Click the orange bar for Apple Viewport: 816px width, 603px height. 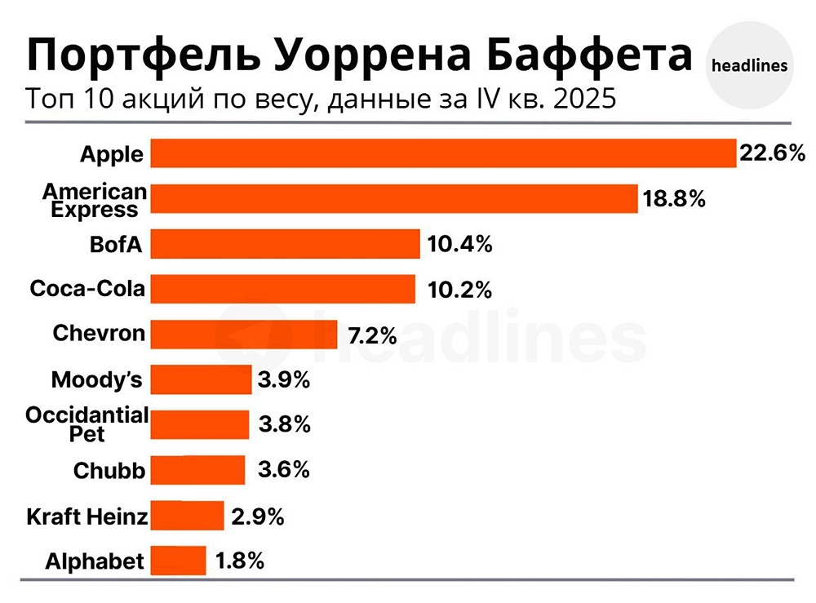[x=444, y=153]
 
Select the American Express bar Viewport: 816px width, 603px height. [x=394, y=198]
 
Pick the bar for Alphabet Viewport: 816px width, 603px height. [x=179, y=561]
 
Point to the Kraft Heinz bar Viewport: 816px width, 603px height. [x=188, y=516]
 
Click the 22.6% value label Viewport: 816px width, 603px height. [x=772, y=153]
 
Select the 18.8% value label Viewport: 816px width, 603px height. [x=673, y=198]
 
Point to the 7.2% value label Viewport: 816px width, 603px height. [x=372, y=335]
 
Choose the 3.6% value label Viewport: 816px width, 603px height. [x=284, y=470]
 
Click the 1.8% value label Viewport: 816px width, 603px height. [x=240, y=561]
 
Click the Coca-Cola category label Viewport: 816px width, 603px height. [x=87, y=288]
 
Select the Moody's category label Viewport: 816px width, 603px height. [x=97, y=379]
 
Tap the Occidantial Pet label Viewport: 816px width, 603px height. [x=87, y=424]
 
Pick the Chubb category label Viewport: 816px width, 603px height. [x=109, y=471]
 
